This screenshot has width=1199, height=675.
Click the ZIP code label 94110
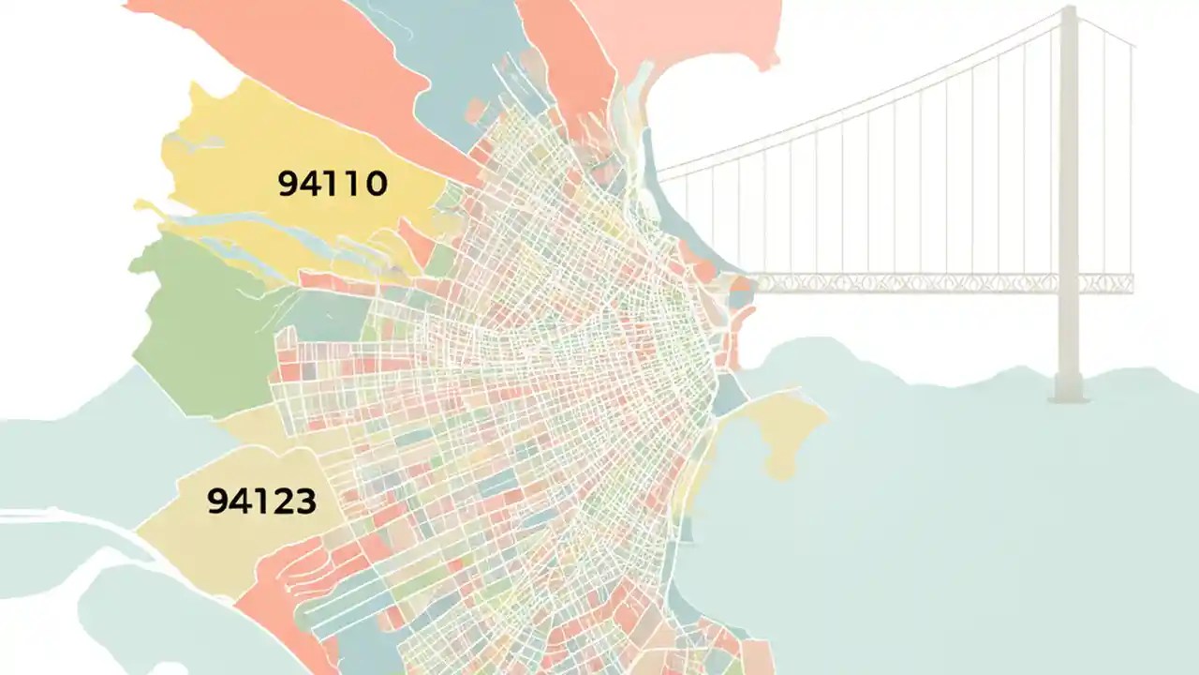click(x=333, y=184)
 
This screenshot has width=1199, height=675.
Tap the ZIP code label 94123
click(x=261, y=502)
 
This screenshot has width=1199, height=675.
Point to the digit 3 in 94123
click(x=304, y=502)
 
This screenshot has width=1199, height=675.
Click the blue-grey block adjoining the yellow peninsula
click(x=731, y=394)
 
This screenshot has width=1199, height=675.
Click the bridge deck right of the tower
click(x=1105, y=282)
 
